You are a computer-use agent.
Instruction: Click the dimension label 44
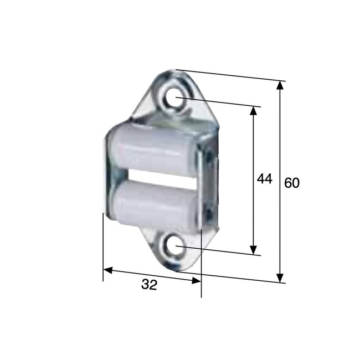click(264, 179)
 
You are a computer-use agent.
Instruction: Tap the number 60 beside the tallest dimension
click(292, 183)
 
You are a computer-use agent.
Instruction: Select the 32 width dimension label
click(149, 285)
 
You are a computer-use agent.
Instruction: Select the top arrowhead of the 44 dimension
click(254, 110)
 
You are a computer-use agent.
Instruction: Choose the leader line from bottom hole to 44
click(222, 251)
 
